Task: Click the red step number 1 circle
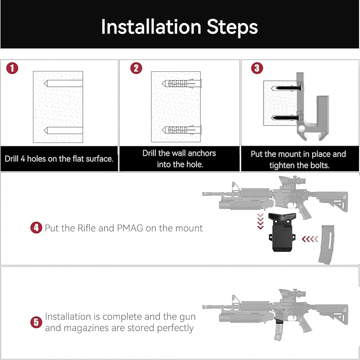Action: tap(12, 68)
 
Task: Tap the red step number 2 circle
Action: tap(136, 68)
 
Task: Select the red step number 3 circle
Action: tap(257, 68)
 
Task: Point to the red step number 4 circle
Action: tap(36, 228)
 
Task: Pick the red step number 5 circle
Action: tap(36, 322)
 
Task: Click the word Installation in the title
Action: tap(150, 27)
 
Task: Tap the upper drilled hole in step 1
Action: tap(63, 84)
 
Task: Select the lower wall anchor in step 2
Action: tap(182, 130)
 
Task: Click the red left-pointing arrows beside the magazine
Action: tap(310, 238)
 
